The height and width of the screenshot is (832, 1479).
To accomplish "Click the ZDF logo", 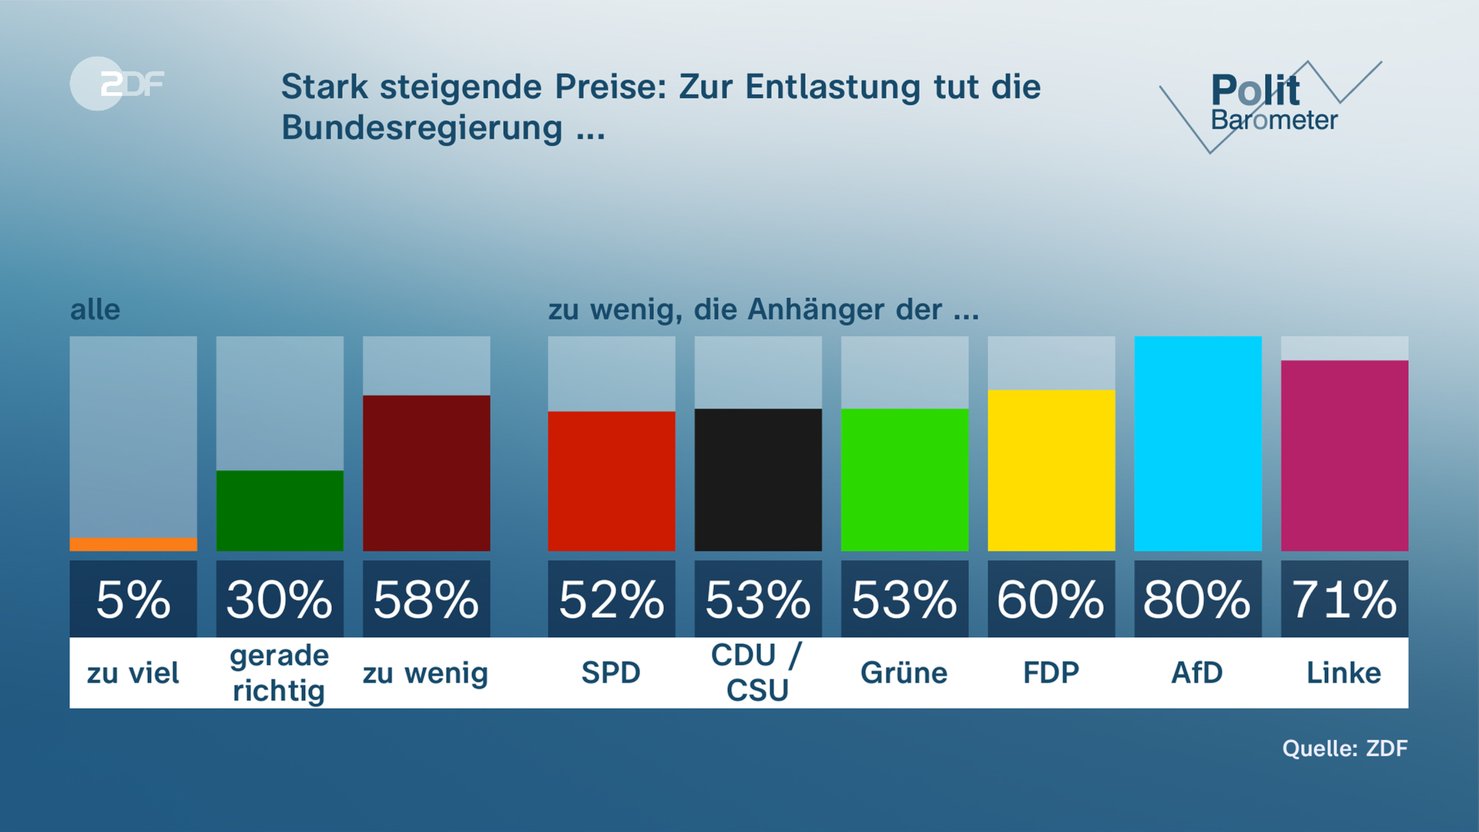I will (117, 83).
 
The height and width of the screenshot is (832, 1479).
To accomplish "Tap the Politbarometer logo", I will (1271, 104).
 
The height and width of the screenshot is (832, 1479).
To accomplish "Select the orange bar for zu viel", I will (133, 545).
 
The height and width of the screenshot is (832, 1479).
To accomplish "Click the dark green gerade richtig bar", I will (280, 511).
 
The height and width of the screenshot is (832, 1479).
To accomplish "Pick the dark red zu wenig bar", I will (426, 473).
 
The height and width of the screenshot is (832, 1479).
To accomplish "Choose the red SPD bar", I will (612, 481).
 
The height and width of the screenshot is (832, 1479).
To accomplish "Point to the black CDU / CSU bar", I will (758, 480).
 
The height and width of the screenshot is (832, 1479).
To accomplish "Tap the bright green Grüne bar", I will (904, 480).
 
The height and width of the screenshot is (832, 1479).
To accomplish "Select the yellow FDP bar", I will (1051, 471).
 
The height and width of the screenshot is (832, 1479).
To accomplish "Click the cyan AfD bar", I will (1198, 444).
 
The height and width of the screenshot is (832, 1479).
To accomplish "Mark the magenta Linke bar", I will (1344, 455).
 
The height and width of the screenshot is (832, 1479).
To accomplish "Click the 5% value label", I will (133, 599).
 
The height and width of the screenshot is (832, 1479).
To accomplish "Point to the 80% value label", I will (1198, 599).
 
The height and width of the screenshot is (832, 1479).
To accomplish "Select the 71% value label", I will (1344, 599).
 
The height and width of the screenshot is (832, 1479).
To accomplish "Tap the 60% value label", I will (1051, 599).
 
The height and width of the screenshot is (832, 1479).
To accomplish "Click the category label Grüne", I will (904, 673).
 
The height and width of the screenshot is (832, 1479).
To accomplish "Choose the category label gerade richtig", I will (280, 673).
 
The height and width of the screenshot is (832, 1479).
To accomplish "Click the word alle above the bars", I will (95, 310).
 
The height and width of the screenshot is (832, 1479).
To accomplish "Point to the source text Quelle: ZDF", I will (1344, 748).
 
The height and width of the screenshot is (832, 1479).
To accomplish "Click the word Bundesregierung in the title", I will (421, 128).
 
